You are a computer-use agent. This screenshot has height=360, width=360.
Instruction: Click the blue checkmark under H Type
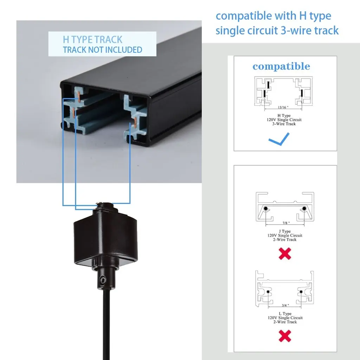click(279, 139)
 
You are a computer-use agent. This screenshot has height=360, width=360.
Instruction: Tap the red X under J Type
click(285, 254)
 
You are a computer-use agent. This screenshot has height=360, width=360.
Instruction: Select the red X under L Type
click(285, 336)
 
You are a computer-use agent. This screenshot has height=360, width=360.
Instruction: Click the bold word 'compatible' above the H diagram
click(281, 66)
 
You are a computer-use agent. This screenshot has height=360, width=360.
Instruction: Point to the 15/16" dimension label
click(283, 107)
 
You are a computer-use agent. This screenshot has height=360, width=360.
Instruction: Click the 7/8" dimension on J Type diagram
click(286, 223)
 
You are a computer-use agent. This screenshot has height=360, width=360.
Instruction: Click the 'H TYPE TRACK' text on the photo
click(92, 39)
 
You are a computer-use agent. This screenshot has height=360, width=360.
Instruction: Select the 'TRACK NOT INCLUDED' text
click(103, 50)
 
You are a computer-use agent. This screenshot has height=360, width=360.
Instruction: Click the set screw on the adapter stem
click(103, 280)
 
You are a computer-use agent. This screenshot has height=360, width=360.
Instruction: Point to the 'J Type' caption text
click(285, 231)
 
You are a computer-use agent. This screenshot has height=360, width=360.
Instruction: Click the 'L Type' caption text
click(285, 313)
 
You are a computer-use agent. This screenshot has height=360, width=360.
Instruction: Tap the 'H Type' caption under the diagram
click(284, 115)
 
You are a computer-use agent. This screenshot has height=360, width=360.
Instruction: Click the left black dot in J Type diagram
click(266, 208)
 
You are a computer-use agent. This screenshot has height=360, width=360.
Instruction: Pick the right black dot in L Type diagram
click(301, 292)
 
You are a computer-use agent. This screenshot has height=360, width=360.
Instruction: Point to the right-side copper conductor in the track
click(135, 122)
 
